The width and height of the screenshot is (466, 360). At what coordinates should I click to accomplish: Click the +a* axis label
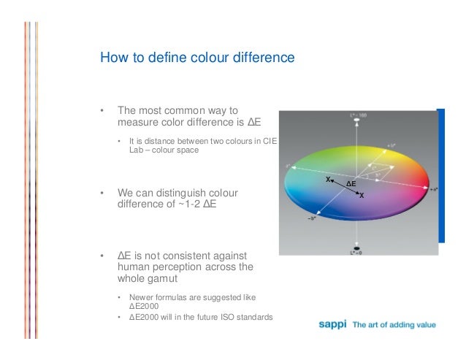433,189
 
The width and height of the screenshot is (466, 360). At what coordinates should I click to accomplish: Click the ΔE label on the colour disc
351,183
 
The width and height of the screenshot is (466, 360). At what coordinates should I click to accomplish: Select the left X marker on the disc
329,178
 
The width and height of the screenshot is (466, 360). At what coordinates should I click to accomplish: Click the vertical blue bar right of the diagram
440,175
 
